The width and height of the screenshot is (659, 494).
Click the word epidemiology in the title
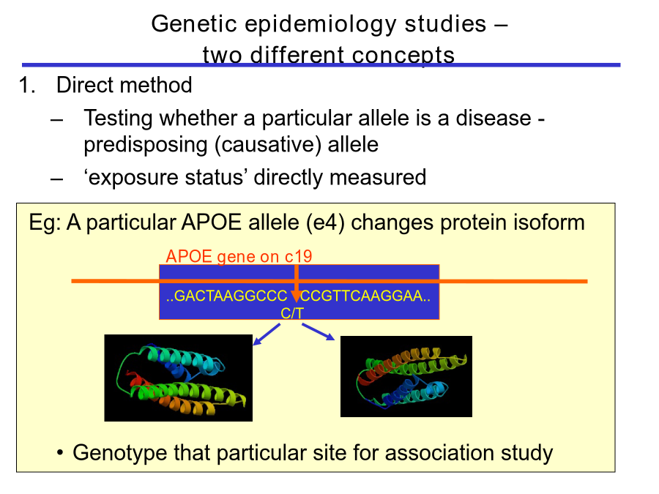320,24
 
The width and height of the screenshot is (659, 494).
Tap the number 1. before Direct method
27,85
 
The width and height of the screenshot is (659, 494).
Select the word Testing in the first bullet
118,118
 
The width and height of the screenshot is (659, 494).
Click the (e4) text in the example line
326,222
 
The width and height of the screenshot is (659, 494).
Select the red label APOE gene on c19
239,256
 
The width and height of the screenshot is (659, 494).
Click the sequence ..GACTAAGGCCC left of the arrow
226,296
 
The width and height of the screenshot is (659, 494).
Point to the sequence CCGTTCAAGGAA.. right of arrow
365,296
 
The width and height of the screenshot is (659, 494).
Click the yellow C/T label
292,313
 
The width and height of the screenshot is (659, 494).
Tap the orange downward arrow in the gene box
297,283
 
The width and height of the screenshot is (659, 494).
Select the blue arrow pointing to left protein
267,334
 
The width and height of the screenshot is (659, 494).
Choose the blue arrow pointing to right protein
319,332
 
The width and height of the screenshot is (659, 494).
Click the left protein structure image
178,378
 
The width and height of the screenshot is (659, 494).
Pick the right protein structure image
406,376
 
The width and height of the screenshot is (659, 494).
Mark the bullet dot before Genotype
60,453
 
